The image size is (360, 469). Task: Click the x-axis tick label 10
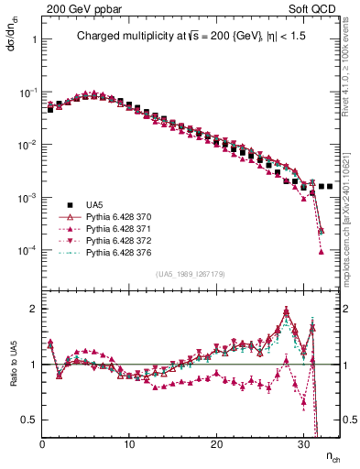pos(129,443)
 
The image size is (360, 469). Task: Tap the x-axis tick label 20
pos(216,443)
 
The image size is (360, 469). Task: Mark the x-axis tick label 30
pos(303,443)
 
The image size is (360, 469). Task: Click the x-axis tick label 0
pos(42,443)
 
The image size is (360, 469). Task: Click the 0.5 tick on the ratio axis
pos(28,420)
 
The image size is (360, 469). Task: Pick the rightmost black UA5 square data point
pos(330,186)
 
